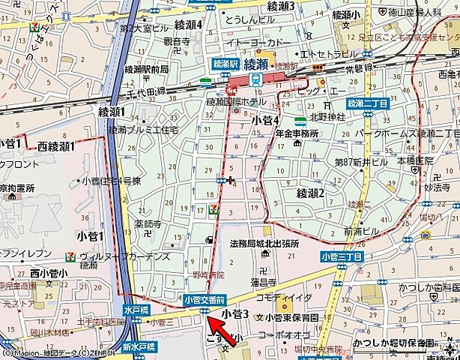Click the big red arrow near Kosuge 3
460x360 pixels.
[x=223, y=327]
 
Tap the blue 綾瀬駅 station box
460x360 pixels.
[x=225, y=64]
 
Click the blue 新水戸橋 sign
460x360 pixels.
[x=139, y=346]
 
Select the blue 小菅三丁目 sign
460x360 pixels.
[x=341, y=256]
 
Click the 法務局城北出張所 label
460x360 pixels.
[x=264, y=244]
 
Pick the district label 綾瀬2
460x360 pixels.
[x=310, y=193]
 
